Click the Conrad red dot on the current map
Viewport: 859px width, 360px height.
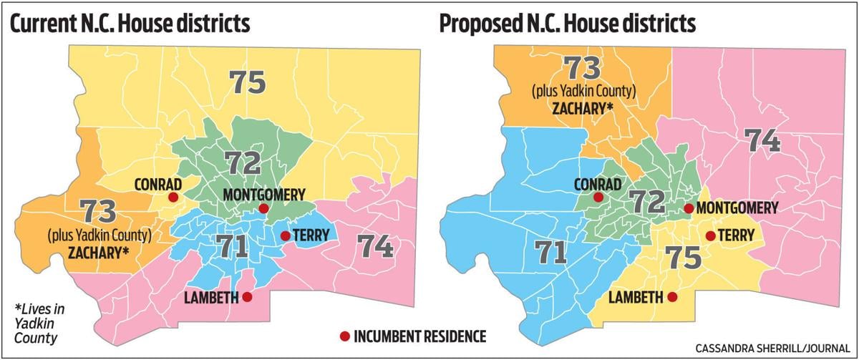point(173,197)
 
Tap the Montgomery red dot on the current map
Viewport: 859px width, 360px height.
point(263,208)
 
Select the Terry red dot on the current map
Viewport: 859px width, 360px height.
point(285,235)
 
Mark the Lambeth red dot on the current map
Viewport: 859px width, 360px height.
point(247,296)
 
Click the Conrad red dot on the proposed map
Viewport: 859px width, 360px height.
point(598,197)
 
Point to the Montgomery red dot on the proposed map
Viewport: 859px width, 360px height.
point(688,208)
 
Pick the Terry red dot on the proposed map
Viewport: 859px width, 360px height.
point(710,235)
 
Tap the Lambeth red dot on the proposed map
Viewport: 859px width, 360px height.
point(671,296)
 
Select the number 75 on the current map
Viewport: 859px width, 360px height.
point(248,82)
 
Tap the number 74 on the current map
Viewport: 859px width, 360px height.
point(376,246)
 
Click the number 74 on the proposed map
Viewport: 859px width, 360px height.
point(763,139)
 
